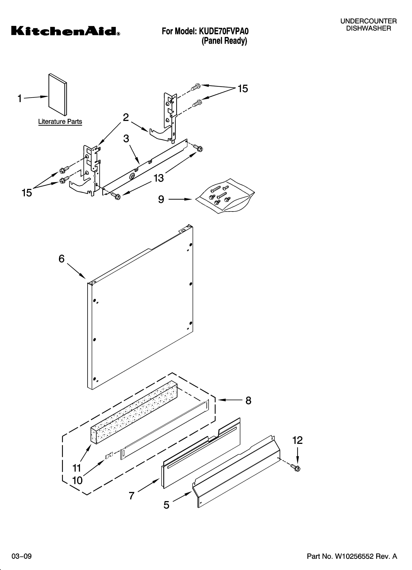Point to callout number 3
click(126, 138)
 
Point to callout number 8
click(248, 400)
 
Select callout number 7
click(132, 496)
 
